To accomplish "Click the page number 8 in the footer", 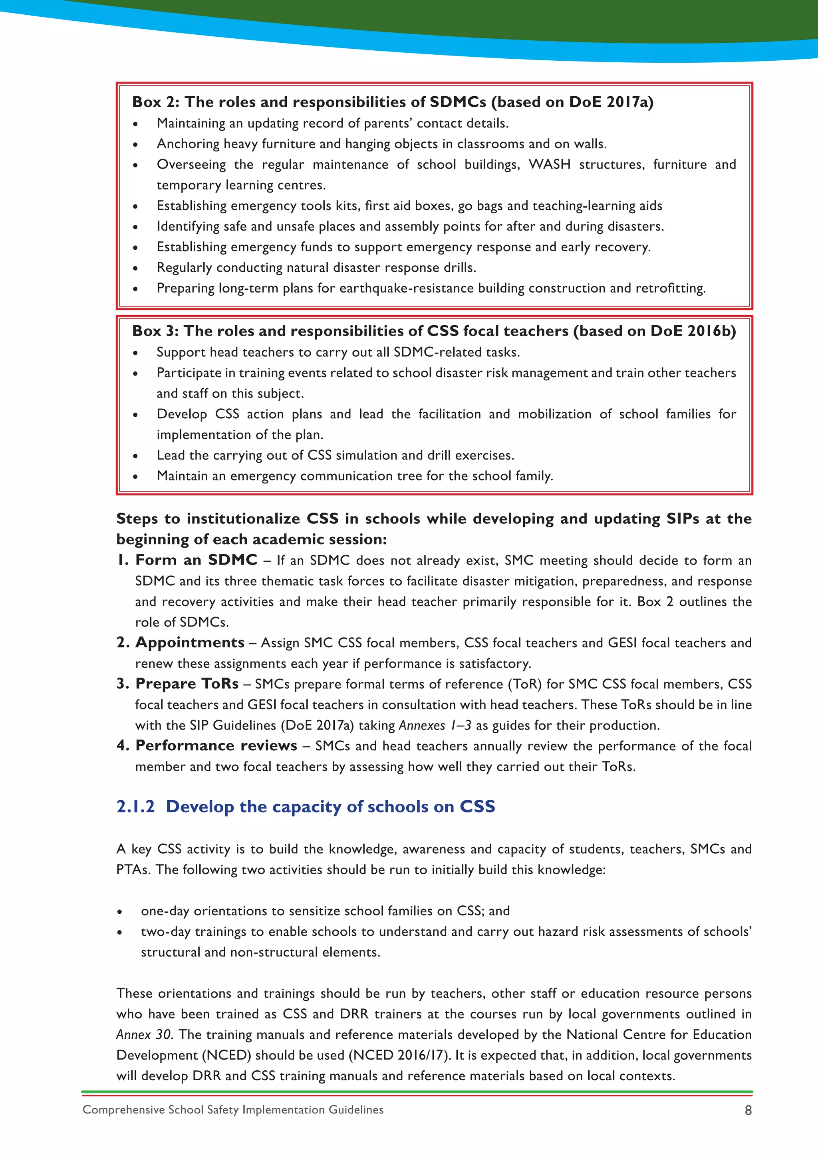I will (x=748, y=1110).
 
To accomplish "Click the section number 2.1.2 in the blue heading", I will (x=135, y=807).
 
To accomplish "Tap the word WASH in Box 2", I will (x=549, y=165).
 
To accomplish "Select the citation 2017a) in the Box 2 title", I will (x=629, y=102).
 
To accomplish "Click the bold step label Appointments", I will (x=189, y=642).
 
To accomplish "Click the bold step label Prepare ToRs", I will (x=187, y=684).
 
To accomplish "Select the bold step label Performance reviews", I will (x=216, y=746).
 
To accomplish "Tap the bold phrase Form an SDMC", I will (x=196, y=560).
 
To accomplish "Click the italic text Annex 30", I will (x=145, y=1034).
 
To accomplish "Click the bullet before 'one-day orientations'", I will (x=119, y=912).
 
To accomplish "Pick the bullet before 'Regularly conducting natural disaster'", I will (x=135, y=268).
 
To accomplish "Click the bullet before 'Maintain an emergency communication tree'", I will (x=135, y=477).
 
